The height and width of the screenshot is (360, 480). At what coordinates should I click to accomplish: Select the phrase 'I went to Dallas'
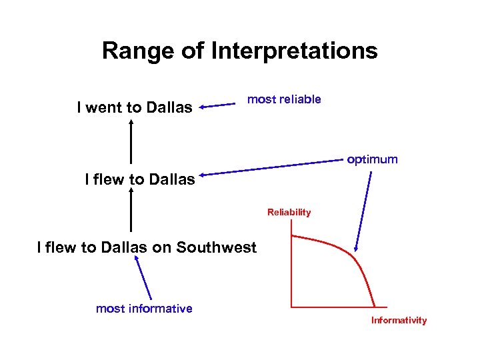(135, 107)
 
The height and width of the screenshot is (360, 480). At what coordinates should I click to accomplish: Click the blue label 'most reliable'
(284, 99)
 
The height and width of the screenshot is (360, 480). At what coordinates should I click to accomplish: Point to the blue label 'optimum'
(372, 159)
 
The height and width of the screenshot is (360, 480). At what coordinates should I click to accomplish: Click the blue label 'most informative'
(144, 308)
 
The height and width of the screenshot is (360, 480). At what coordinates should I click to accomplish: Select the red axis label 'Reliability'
(289, 213)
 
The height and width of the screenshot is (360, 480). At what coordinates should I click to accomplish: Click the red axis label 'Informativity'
(399, 321)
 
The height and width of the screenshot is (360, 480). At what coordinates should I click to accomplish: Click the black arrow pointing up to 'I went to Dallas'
(131, 141)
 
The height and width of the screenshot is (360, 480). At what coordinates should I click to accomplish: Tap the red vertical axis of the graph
(291, 267)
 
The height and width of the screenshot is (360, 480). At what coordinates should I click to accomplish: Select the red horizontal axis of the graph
(333, 306)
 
